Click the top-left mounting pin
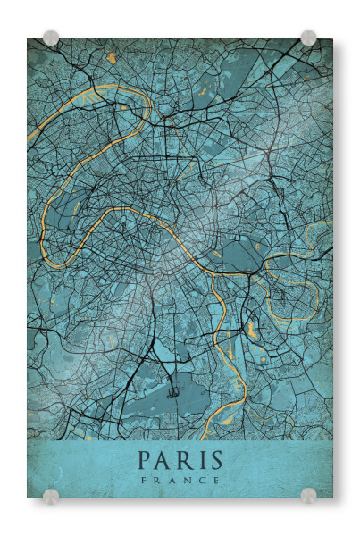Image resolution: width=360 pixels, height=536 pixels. pos(51,38)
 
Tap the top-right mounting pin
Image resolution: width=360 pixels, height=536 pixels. pos(308,38)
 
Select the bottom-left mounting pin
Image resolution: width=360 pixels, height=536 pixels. pos(51,496)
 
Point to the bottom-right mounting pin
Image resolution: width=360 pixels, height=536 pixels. pos(308,496)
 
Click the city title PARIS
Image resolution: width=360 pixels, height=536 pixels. pos(180,461)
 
